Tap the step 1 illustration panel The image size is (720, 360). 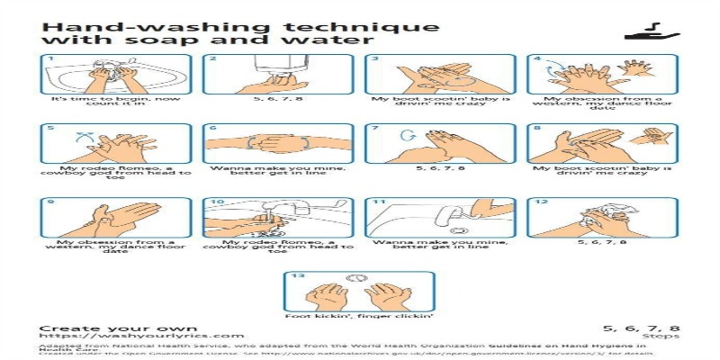point(115,74)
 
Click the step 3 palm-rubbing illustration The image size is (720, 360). point(439,74)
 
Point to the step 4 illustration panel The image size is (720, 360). point(599,74)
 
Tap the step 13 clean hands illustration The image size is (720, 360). point(359,291)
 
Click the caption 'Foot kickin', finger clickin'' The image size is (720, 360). point(359,316)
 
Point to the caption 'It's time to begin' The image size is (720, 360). point(115,99)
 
